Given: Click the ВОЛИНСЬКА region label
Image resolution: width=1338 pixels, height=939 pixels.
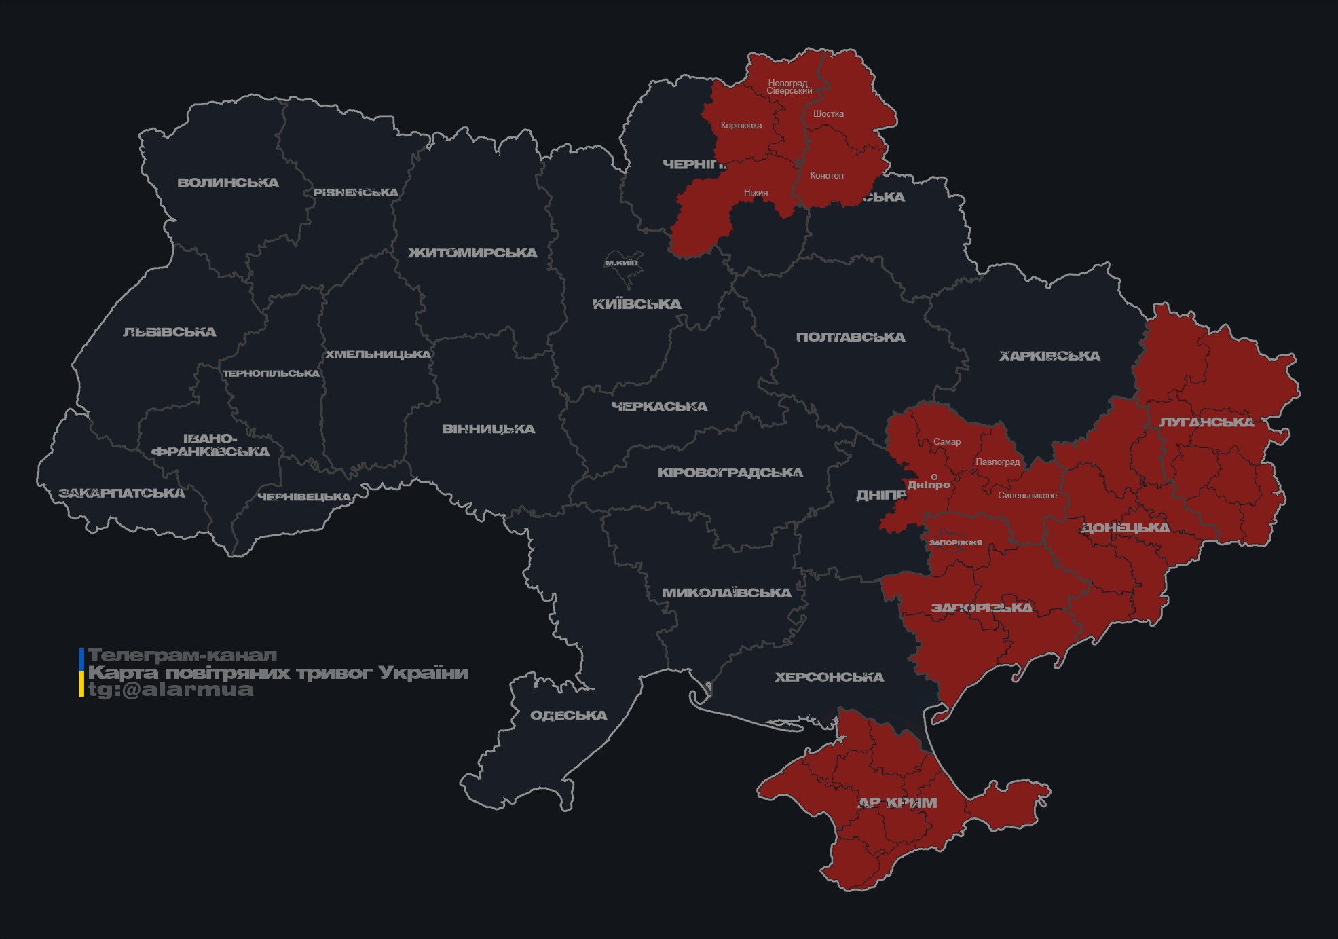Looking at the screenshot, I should [228, 183].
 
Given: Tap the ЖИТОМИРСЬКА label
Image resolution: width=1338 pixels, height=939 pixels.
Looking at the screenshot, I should [472, 253].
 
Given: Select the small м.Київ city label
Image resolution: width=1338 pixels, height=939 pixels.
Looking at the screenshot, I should [621, 263].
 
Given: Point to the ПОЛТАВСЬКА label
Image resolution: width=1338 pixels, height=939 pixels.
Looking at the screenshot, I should [850, 337].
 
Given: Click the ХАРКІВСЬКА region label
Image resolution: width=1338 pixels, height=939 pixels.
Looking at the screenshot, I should [1049, 356].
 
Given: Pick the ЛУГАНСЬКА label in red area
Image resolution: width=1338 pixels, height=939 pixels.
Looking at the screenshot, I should [1206, 422].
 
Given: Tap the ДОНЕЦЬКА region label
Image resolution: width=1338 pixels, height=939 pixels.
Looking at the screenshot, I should [1125, 528].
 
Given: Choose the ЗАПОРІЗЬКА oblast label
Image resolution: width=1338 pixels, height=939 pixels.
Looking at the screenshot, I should [982, 608].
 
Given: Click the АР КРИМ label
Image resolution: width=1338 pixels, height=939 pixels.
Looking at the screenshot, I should [897, 803].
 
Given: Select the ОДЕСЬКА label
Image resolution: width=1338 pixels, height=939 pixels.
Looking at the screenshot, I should [568, 716].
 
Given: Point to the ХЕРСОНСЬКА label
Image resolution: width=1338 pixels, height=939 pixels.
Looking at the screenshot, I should [829, 678].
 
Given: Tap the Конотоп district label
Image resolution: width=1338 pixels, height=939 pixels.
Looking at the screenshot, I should [826, 176].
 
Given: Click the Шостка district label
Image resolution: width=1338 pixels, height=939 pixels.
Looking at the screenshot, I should [828, 114].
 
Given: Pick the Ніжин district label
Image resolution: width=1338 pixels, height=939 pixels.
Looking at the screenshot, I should [756, 193].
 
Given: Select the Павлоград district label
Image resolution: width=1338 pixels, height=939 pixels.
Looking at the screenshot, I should [997, 462].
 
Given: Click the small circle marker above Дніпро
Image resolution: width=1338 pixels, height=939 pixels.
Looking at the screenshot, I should [934, 477].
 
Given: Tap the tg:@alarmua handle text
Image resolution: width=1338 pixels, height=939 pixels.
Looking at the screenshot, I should [170, 690].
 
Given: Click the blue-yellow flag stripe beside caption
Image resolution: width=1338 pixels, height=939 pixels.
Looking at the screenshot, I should [81, 672].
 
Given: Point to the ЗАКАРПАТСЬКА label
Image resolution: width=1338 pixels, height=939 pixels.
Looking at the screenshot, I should [122, 493].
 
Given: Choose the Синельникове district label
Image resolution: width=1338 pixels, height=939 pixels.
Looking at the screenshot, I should [1027, 496].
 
